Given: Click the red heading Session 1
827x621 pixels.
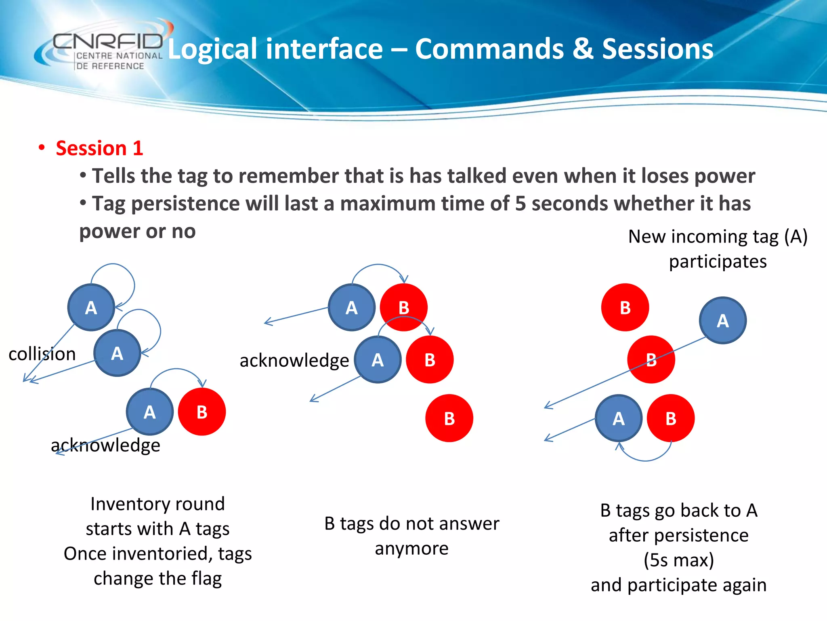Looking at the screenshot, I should coord(99,148).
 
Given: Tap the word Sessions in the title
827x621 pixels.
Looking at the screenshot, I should coord(657,49).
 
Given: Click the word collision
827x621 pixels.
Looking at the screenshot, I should coord(42,354).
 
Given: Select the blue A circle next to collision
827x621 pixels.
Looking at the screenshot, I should coord(117,353).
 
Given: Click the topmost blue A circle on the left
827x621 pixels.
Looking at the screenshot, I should coord(91,308).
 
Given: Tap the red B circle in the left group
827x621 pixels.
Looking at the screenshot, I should coord(202,412).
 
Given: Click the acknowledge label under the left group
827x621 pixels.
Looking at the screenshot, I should coord(105,445).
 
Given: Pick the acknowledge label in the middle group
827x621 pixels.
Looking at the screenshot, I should coord(294,360).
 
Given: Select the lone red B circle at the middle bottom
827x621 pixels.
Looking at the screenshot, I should coord(449,418).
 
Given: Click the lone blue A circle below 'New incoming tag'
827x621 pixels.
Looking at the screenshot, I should coord(722,321).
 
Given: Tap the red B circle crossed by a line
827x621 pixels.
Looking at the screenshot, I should coord(651,359).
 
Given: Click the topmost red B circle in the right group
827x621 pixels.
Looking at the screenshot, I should coord(625,308).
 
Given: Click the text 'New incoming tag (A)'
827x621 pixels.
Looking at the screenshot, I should coord(718,237).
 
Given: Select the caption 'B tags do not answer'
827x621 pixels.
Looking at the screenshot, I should coord(411,524).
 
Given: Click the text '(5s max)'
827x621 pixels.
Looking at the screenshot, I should coord(678,560).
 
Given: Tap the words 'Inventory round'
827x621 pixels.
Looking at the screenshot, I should coord(157,504).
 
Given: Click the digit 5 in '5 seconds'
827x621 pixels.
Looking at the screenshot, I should coord(520,203).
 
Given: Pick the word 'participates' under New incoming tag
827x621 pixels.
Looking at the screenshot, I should coord(718,262).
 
